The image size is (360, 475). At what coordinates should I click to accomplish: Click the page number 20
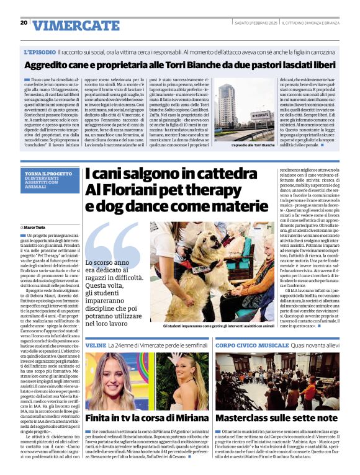click(x=24, y=22)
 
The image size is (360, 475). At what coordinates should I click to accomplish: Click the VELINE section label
click(x=96, y=344)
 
